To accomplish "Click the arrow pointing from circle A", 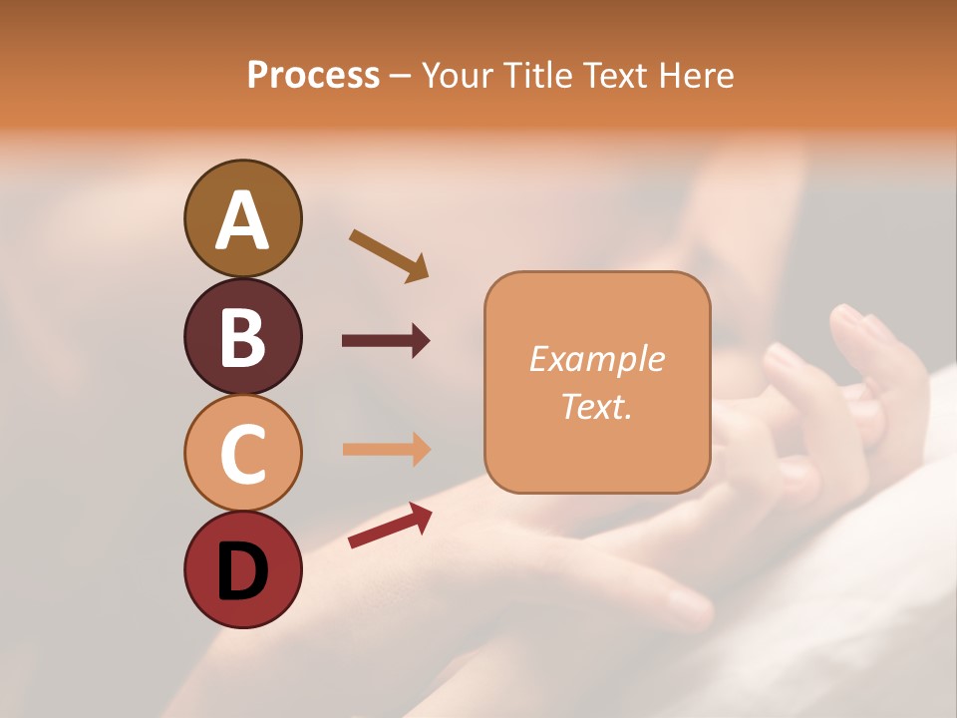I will [389, 255].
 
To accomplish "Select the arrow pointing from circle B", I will [386, 341].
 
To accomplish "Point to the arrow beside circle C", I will [386, 450].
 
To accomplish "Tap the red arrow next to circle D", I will [390, 525].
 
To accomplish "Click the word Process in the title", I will [313, 76].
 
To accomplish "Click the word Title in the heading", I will [537, 76].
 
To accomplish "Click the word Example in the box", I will [596, 359].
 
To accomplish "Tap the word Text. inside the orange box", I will [596, 406].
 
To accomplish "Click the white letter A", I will [242, 220].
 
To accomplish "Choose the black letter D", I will [242, 571].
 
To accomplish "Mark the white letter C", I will [242, 454].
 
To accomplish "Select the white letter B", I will [242, 337].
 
